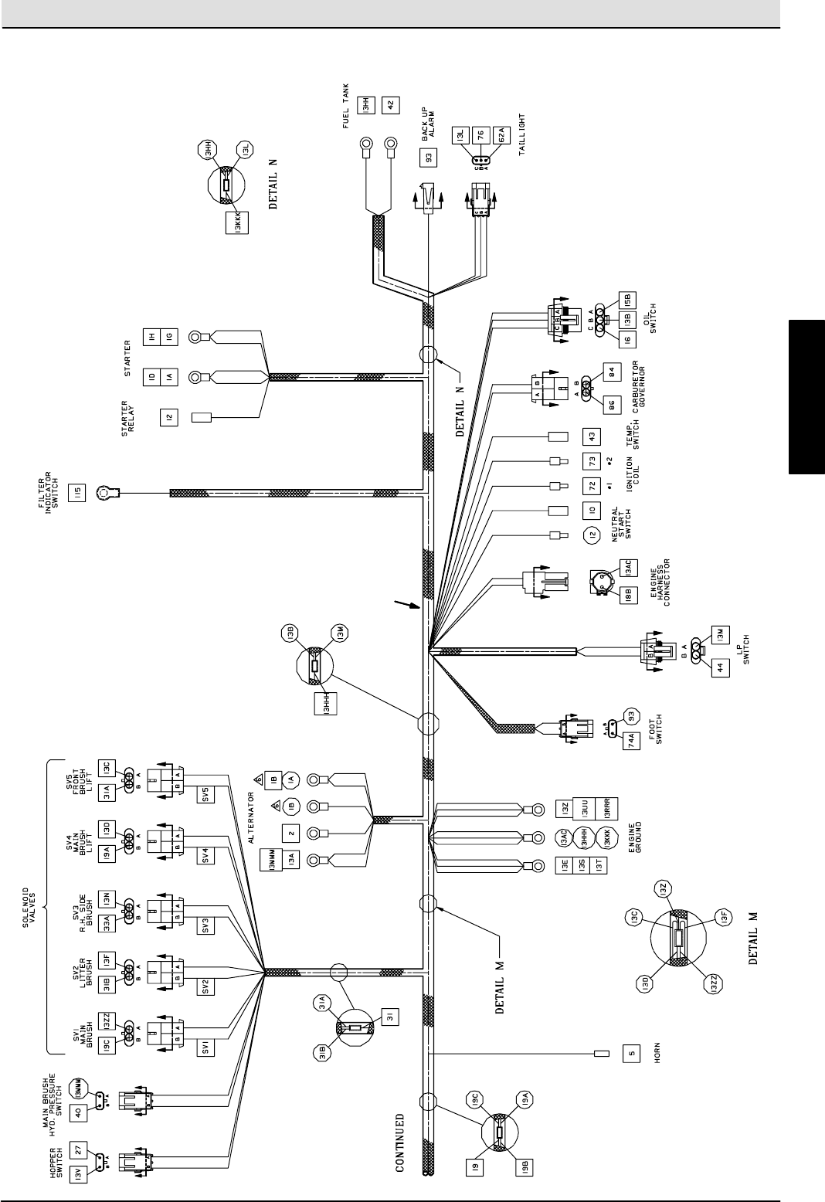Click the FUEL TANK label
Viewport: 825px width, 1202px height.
coord(345,105)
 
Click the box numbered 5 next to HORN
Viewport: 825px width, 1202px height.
coord(631,1054)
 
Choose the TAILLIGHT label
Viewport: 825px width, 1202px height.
coord(523,136)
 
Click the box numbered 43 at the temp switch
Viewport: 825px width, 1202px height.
coord(592,436)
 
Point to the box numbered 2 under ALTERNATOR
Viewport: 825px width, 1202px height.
coord(291,833)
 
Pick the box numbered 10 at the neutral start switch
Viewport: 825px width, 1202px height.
coord(592,510)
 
